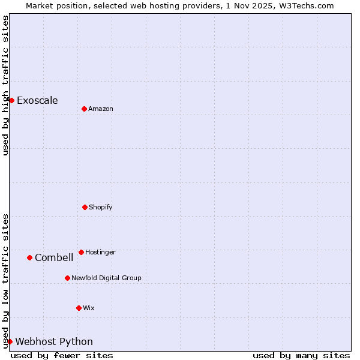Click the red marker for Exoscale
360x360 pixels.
(x=11, y=100)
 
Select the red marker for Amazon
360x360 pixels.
(x=84, y=109)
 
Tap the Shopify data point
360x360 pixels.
(x=85, y=207)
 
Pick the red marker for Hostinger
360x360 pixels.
(x=81, y=252)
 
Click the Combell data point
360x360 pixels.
(x=29, y=257)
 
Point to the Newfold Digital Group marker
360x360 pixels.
(x=67, y=278)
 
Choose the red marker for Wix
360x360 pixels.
(x=79, y=308)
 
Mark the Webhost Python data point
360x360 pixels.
(x=10, y=341)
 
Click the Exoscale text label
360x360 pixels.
(x=37, y=100)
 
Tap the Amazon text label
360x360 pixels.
(x=101, y=109)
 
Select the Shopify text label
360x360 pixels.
(x=101, y=207)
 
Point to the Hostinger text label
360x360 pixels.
(x=100, y=252)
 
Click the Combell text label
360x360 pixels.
(x=54, y=257)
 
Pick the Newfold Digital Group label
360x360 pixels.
(x=106, y=278)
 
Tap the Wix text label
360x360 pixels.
(x=89, y=308)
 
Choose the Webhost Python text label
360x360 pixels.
(x=54, y=341)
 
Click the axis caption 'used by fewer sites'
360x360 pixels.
(x=62, y=355)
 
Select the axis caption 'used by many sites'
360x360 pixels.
(x=301, y=355)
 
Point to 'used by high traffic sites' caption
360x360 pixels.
(x=5, y=85)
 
